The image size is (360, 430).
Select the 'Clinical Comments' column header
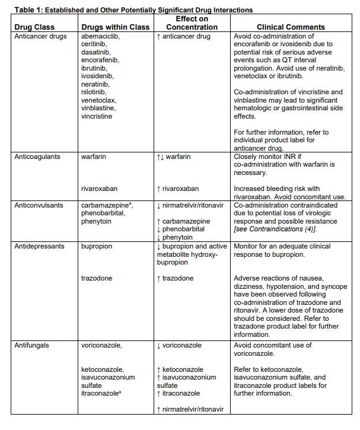coord(291,27)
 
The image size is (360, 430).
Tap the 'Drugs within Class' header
coord(111,27)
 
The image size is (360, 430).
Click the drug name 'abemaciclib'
coord(100,36)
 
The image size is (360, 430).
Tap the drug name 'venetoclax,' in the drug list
coord(100,100)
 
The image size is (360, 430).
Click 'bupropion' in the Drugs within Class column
coord(97,246)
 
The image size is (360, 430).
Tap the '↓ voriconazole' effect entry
coord(181,345)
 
